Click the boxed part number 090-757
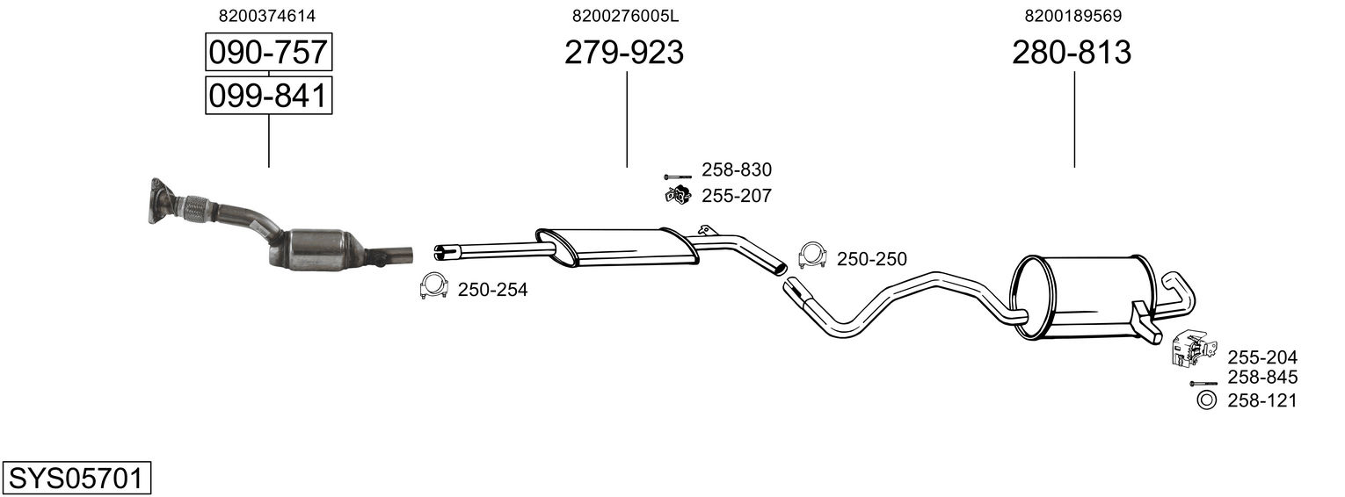(x=268, y=54)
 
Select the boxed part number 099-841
(x=268, y=95)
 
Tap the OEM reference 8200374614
(x=267, y=16)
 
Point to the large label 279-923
(x=623, y=54)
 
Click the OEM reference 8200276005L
(x=625, y=16)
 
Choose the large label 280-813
(x=1072, y=54)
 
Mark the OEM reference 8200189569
(x=1072, y=16)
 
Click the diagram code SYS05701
(x=75, y=479)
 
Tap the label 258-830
(x=736, y=170)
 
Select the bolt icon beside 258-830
(x=678, y=176)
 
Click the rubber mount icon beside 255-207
(x=677, y=195)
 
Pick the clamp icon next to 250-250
(x=813, y=255)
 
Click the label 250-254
(x=492, y=290)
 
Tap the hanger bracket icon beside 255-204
(x=1189, y=348)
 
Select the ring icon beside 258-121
(x=1207, y=401)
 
